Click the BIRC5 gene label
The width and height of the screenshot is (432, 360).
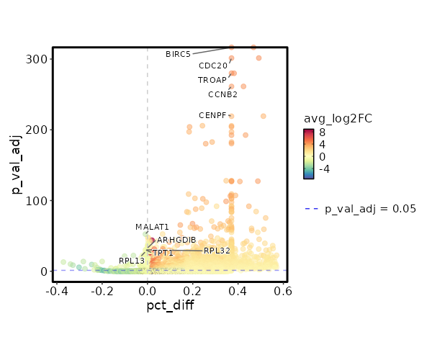(x=178, y=54)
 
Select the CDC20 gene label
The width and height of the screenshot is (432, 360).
(x=213, y=66)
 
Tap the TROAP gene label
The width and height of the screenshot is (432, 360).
(x=212, y=80)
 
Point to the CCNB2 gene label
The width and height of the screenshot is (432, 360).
(x=223, y=94)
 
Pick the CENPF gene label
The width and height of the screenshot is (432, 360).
(x=212, y=115)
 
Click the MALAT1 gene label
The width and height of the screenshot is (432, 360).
(x=152, y=228)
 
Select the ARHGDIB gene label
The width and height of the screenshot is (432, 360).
(x=176, y=240)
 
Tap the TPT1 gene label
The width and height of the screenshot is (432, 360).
(x=163, y=253)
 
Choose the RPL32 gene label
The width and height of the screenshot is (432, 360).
(x=217, y=251)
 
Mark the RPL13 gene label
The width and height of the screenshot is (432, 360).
(x=132, y=261)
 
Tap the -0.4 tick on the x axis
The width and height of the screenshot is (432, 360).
(x=57, y=291)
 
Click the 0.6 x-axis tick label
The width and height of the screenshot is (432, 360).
(x=283, y=291)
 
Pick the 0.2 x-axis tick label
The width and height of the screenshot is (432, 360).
(x=193, y=291)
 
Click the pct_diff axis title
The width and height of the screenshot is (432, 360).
(x=170, y=306)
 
